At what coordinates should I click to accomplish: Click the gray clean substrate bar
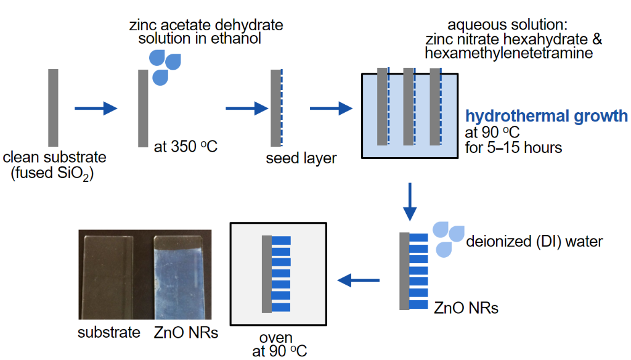(x=53, y=108)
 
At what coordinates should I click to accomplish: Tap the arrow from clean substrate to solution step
(x=96, y=109)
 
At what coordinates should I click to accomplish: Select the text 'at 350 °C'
(x=187, y=147)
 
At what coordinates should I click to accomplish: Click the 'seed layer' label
(x=301, y=158)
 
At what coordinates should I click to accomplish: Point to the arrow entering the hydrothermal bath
(x=330, y=109)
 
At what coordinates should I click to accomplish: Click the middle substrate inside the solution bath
(x=408, y=107)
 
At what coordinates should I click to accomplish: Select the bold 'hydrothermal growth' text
(x=547, y=116)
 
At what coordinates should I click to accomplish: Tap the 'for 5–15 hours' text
(x=513, y=148)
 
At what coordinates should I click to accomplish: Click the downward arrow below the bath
(x=409, y=202)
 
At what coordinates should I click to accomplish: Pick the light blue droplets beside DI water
(x=447, y=238)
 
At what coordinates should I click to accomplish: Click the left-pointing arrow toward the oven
(x=359, y=281)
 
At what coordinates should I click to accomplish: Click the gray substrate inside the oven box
(x=266, y=274)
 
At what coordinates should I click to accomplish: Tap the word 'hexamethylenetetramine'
(x=509, y=54)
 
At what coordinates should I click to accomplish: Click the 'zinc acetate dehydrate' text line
(x=206, y=25)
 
